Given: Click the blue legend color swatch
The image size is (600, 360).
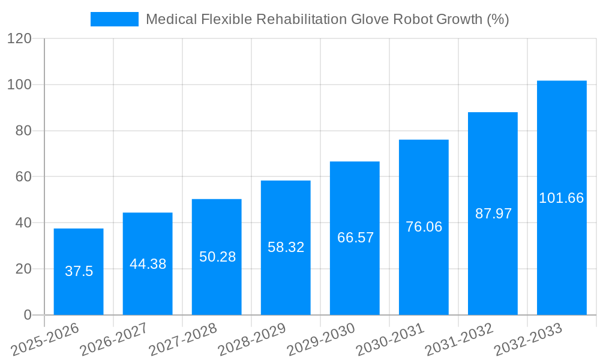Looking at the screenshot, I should point(114,19).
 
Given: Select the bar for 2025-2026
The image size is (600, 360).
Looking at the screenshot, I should point(79,271).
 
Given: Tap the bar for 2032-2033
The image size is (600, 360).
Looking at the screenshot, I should point(562,198).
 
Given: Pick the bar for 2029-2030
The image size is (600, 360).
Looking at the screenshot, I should point(355,238).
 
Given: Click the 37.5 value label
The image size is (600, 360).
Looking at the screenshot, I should point(79,271).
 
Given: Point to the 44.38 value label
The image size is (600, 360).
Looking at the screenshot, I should point(148,264).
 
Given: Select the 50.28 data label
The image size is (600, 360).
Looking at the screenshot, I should point(217,257).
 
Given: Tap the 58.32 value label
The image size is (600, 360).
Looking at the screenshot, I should point(286,247).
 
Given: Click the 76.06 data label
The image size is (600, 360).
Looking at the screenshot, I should point(424,227).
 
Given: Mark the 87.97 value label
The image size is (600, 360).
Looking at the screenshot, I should point(493,214).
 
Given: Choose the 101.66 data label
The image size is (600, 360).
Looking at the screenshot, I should point(562,198).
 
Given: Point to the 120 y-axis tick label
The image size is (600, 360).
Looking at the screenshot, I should point(19,38).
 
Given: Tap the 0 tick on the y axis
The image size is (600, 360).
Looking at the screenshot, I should point(28,315).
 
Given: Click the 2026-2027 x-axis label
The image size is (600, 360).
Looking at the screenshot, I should point(114,340).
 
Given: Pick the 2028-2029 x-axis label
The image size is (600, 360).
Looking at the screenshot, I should point(252,340).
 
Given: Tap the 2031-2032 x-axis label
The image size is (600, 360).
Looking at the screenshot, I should point(460,340).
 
